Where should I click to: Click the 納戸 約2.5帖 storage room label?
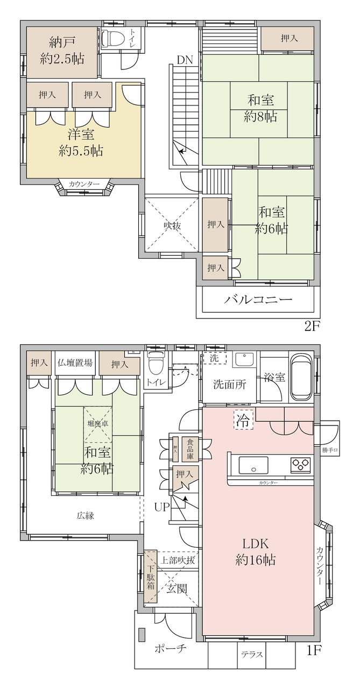pos(62,50)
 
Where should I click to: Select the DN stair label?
pos(185,60)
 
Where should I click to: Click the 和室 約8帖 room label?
pos(260,109)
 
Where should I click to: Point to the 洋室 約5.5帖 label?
pos(81,143)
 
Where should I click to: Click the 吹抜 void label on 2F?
pos(172,225)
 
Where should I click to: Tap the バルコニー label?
pos(258,300)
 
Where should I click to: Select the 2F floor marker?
pos(313,326)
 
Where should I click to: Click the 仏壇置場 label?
pos(75,363)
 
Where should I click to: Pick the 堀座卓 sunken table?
pos(98,424)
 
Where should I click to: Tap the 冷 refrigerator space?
pos(244,420)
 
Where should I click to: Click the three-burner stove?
pos(300,465)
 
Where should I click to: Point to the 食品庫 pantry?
pos(190,449)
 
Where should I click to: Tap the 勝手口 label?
pos(330,450)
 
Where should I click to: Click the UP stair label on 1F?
pos(162,507)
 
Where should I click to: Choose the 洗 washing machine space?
pos(214,358)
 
